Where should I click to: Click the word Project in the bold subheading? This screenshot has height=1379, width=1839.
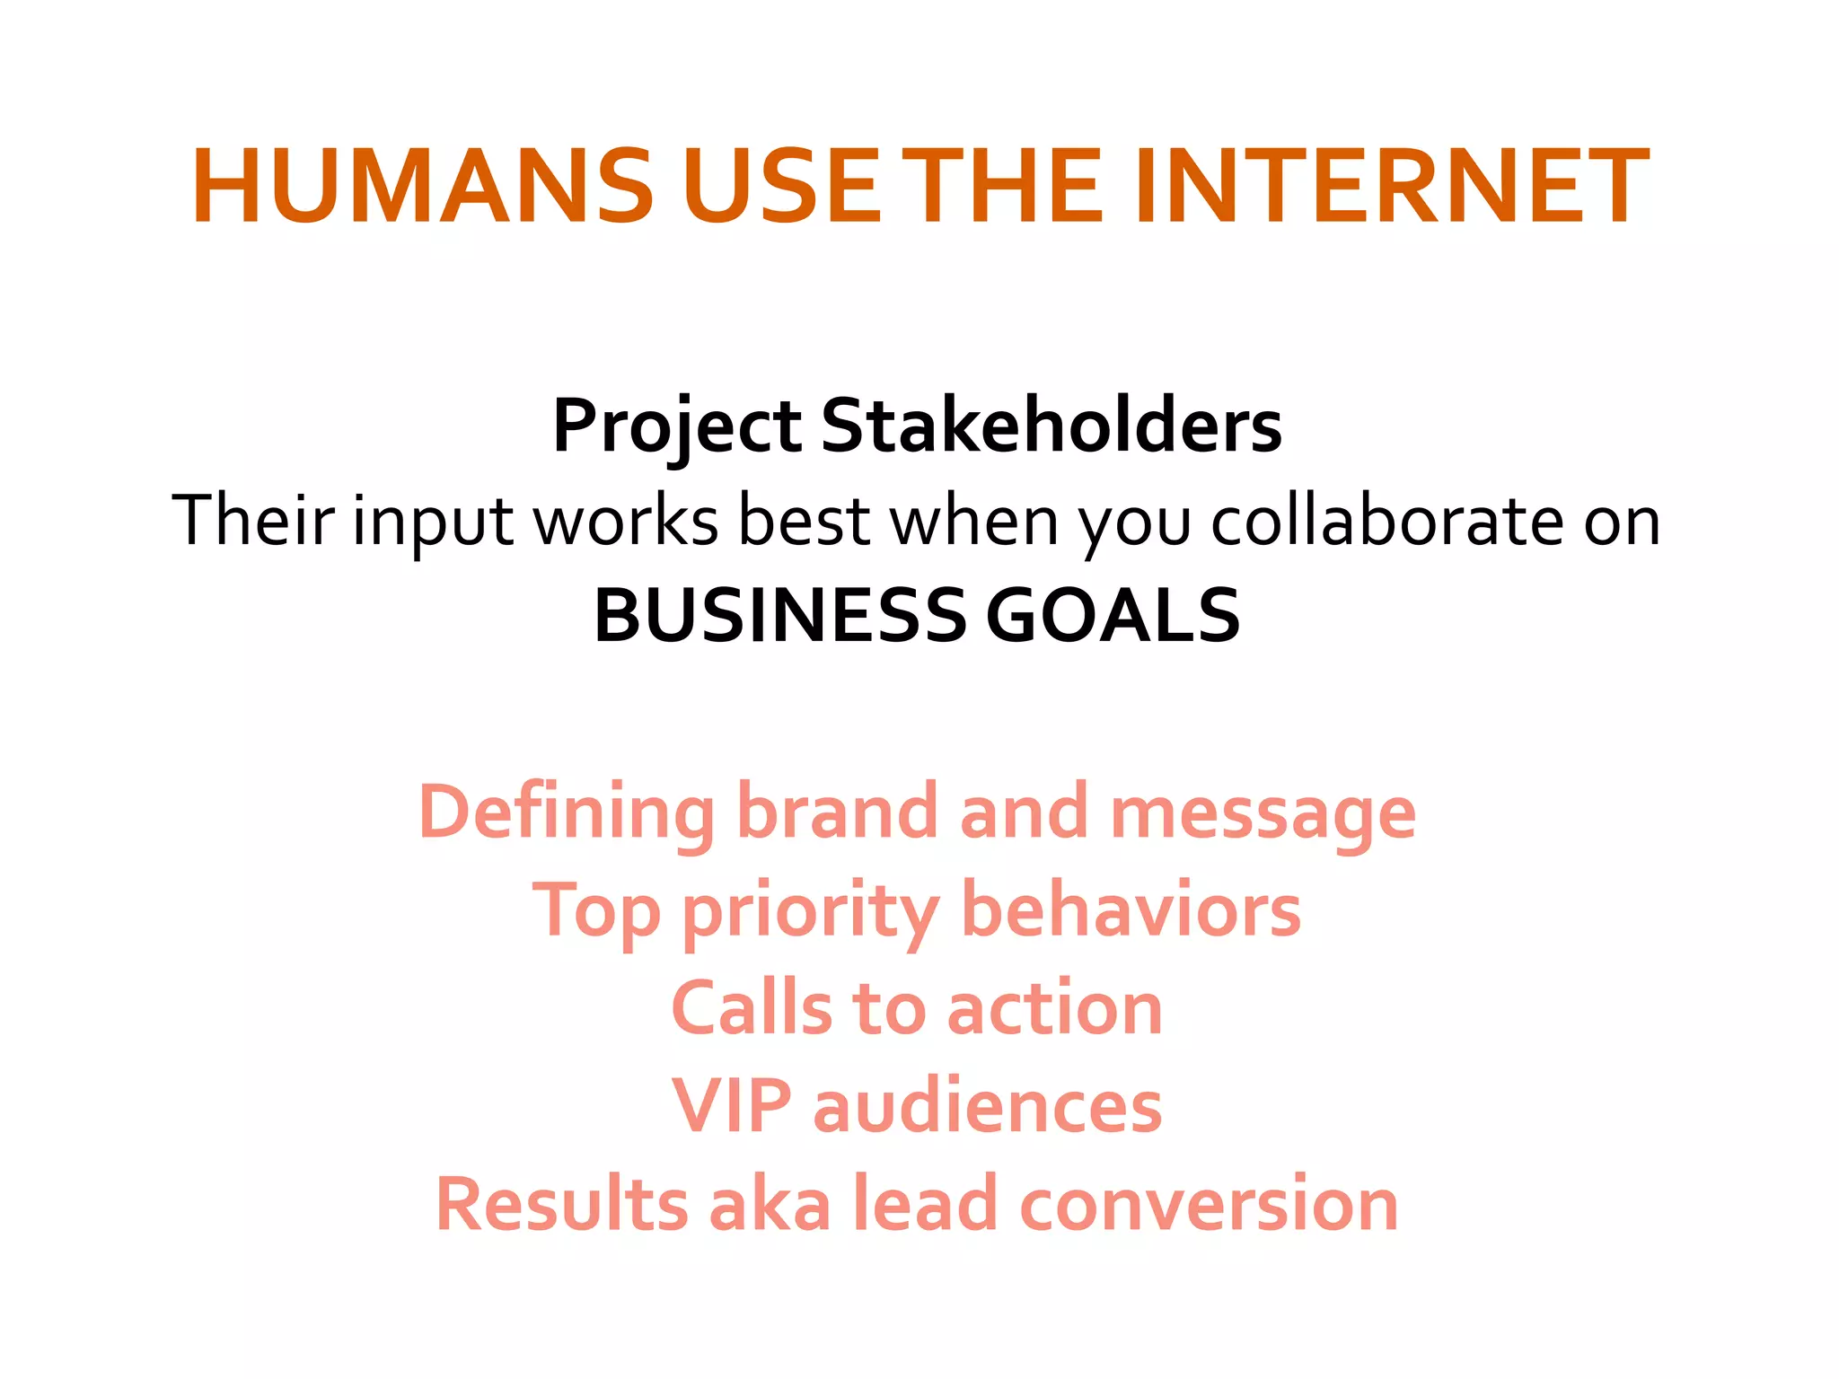pos(676,426)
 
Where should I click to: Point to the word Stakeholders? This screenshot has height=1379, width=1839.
pos(1051,426)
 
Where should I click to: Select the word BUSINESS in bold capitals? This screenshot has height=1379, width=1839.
pos(779,616)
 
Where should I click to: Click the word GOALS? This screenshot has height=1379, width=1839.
pos(1113,616)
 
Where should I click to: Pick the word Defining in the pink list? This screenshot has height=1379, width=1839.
pos(567,813)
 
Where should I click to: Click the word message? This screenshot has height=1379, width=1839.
pos(1263,813)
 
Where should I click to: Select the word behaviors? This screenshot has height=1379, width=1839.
pos(1131,910)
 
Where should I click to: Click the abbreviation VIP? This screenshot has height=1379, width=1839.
pos(731,1106)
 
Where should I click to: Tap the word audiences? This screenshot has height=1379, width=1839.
pos(987,1106)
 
